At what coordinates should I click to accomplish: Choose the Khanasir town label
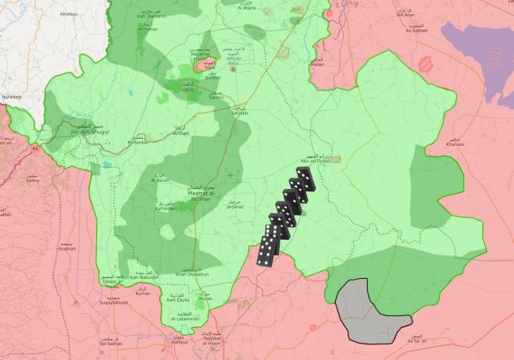(x=477, y=144)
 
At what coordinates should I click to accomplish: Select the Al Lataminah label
(x=185, y=319)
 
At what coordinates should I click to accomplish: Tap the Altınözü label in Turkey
(x=70, y=15)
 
